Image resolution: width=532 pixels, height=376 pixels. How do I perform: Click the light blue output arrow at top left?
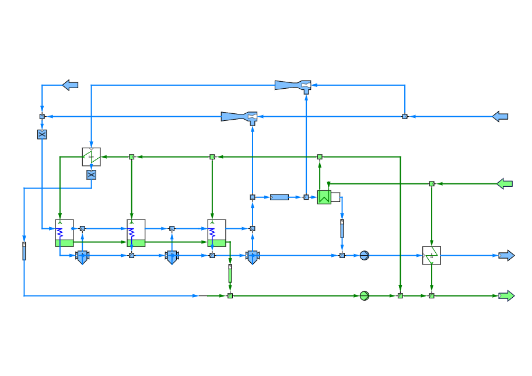(x=70, y=85)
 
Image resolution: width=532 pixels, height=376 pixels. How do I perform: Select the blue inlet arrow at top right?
(x=500, y=117)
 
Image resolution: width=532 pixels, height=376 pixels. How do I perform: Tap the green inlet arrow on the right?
(x=505, y=184)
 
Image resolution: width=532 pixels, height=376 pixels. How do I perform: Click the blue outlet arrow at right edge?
(x=506, y=256)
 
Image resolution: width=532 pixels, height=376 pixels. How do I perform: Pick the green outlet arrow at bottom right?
(x=506, y=296)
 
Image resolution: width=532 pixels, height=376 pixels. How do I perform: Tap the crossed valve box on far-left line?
(x=42, y=134)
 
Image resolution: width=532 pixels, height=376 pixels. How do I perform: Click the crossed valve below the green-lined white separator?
(x=91, y=175)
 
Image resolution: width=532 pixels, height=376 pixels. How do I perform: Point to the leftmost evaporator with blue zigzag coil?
(x=64, y=232)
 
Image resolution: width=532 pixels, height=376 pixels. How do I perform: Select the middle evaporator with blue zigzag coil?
(x=136, y=232)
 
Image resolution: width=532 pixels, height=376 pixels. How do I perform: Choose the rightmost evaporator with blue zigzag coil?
(x=216, y=232)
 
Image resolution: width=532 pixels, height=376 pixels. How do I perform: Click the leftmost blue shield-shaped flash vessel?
(x=82, y=257)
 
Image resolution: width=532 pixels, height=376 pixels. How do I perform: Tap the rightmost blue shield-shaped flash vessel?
(x=252, y=257)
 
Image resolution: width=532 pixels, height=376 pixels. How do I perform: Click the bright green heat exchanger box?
(x=324, y=197)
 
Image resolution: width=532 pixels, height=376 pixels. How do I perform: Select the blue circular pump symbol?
(x=364, y=256)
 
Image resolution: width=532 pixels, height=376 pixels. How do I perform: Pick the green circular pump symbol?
(x=364, y=296)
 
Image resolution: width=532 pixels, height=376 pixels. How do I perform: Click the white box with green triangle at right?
(x=432, y=256)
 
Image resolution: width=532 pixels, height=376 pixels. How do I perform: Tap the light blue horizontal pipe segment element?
(x=279, y=197)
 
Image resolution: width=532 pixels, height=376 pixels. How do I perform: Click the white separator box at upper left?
(x=91, y=156)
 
